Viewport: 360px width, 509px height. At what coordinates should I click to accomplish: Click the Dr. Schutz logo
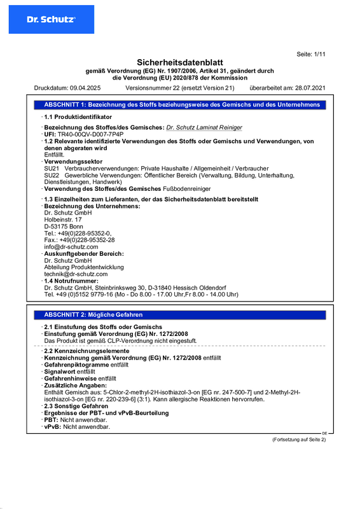tap(50, 19)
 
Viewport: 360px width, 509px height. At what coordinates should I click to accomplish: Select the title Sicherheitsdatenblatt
tap(180, 62)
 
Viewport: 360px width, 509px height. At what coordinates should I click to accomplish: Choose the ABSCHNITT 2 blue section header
tap(93, 315)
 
